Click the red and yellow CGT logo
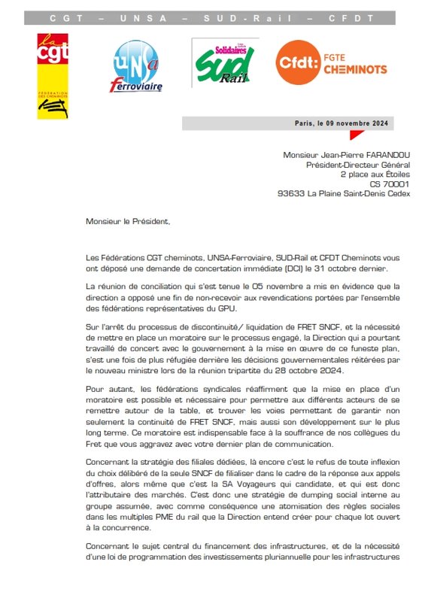pos(53,75)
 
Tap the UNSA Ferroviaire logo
pos(136,66)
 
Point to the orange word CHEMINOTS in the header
pos(357,70)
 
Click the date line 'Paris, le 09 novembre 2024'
pos(343,123)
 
